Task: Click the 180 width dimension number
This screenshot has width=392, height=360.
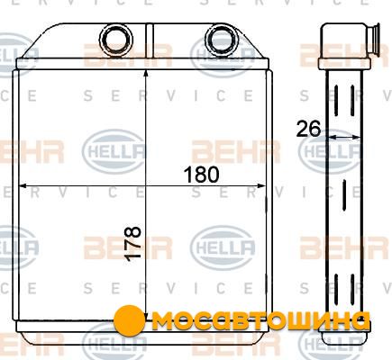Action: [201, 175]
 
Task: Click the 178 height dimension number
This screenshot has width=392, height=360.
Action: [132, 244]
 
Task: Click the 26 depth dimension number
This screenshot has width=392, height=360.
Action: [308, 129]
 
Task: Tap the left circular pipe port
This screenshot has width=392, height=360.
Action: [116, 40]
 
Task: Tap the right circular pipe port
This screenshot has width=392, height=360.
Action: [222, 40]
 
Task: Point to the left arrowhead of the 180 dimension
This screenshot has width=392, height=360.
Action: [23, 186]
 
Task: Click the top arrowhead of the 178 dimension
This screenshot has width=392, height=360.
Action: [146, 74]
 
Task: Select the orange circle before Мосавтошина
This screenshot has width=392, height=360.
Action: [130, 320]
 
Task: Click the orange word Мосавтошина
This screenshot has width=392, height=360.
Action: [260, 321]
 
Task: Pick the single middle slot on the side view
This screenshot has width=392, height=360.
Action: [344, 195]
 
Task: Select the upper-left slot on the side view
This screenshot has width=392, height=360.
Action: [336, 101]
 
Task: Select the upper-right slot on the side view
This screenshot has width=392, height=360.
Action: [352, 101]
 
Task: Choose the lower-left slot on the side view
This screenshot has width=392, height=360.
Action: [336, 290]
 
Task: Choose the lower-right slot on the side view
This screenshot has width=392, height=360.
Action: [352, 290]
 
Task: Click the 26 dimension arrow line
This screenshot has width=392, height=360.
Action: [344, 137]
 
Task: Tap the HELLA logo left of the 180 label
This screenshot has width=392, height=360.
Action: [114, 151]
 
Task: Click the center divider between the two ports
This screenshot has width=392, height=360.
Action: [150, 41]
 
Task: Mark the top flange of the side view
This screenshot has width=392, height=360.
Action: [344, 64]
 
